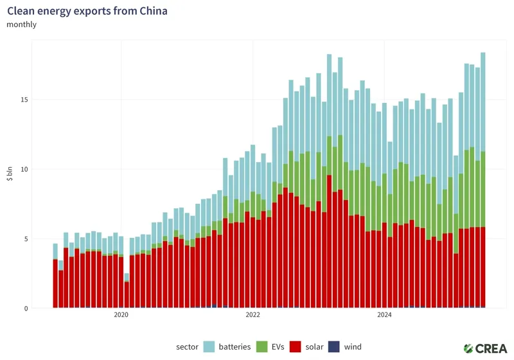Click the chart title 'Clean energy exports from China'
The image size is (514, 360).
(87, 12)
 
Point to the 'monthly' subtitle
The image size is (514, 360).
(21, 24)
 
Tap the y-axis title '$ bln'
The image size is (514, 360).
(10, 174)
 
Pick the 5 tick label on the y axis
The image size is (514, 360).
(25, 239)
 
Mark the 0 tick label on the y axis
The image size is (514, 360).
(25, 309)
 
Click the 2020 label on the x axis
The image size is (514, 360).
(121, 315)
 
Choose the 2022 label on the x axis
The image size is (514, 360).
(253, 315)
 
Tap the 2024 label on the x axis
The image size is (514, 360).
(384, 315)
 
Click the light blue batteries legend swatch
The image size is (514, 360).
(209, 347)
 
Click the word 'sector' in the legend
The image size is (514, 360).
(187, 347)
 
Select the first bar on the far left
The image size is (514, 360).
(55, 276)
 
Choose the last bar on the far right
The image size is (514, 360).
(483, 180)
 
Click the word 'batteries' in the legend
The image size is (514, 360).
(235, 347)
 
